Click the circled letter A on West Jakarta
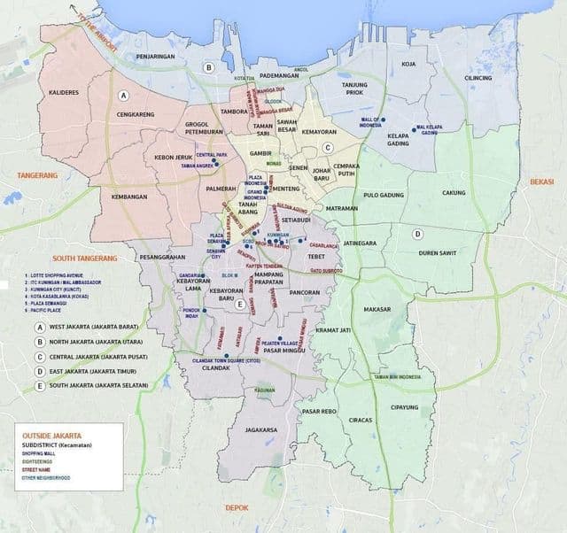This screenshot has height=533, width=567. (x=124, y=95)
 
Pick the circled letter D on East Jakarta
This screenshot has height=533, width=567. (x=417, y=234)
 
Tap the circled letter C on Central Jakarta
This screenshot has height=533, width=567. (x=327, y=148)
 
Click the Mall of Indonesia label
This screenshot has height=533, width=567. (x=369, y=121)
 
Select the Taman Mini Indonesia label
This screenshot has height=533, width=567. (x=395, y=376)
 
